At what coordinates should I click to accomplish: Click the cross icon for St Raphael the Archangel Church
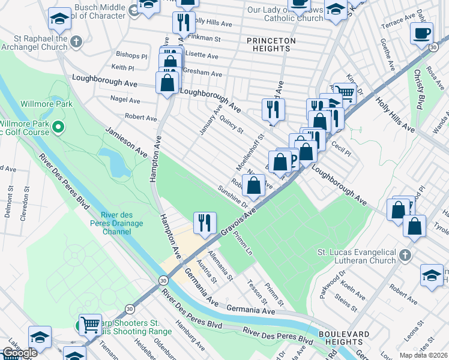click(76, 41)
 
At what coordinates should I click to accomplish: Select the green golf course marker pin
click(58, 127)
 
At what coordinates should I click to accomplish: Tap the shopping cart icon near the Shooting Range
click(90, 325)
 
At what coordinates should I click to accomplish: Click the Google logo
click(19, 353)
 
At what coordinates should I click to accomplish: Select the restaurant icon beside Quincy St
click(273, 109)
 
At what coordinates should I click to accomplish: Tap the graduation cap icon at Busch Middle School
click(59, 20)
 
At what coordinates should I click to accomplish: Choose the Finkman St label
click(204, 37)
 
